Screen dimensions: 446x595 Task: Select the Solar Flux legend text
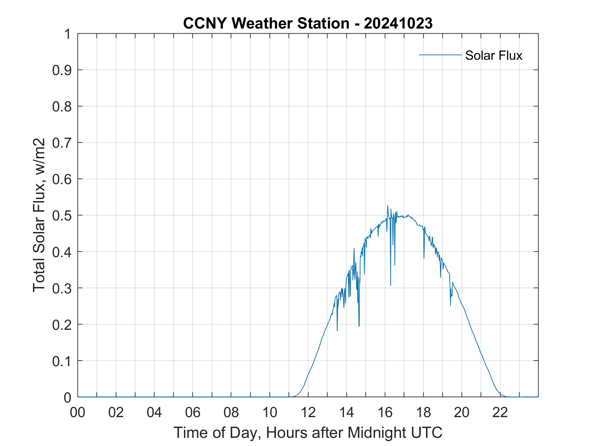point(493,55)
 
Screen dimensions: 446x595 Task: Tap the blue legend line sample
point(440,55)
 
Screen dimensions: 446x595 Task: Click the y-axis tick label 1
point(67,34)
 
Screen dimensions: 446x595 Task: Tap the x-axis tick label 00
point(78,412)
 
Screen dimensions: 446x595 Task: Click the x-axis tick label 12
point(308,412)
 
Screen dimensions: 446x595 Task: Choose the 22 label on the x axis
point(500,412)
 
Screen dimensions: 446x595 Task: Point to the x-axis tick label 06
point(193,412)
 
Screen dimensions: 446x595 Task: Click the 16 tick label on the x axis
point(385,412)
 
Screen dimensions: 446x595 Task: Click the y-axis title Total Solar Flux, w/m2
point(39,215)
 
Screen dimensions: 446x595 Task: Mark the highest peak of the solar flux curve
point(388,206)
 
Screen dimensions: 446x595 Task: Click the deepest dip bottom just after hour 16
point(391,285)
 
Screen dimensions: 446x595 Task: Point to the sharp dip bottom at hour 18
point(424,258)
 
